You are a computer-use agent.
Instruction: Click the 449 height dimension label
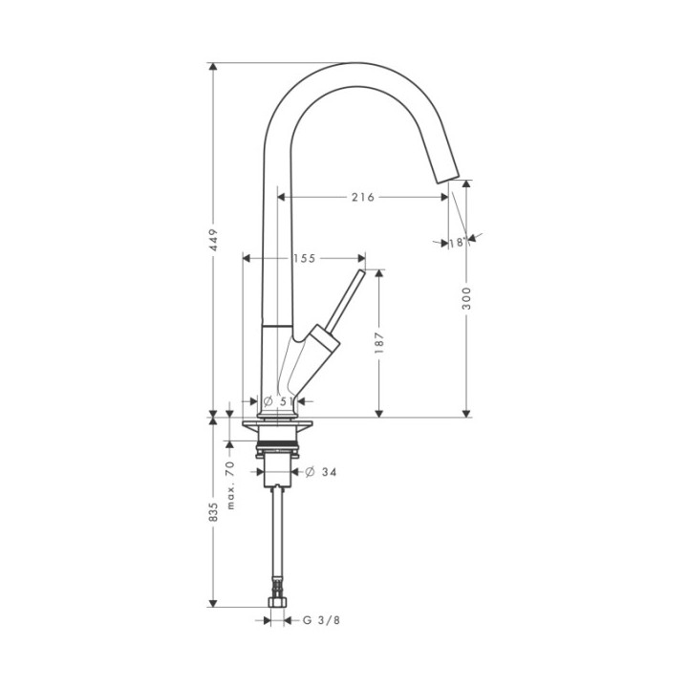tap(213, 240)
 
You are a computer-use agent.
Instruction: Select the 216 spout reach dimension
tap(363, 198)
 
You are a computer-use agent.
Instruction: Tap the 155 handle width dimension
tap(305, 258)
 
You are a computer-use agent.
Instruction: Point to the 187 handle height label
tap(380, 343)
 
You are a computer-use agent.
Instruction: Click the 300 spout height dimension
tap(466, 298)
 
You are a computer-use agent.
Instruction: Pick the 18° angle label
tap(457, 242)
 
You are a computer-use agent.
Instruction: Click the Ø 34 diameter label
tap(321, 472)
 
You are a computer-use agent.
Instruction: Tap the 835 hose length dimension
tap(213, 512)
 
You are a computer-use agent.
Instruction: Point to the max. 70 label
tap(231, 484)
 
